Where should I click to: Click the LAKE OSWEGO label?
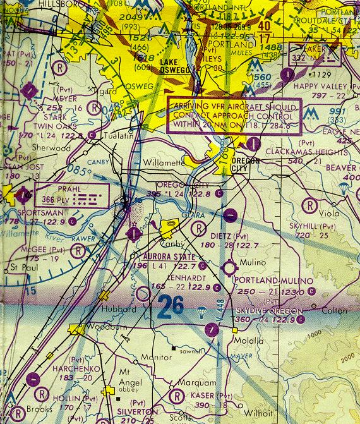(176, 66)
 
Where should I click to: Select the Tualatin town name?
(113, 136)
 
